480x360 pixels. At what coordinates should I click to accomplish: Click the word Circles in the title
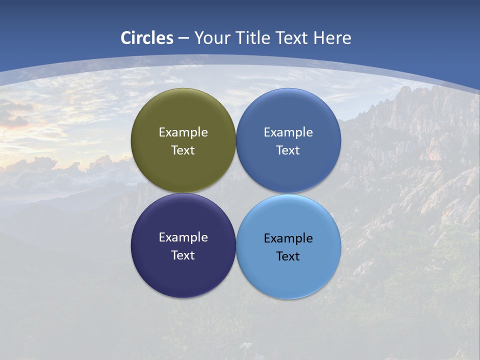point(147,38)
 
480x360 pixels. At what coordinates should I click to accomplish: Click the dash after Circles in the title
point(183,38)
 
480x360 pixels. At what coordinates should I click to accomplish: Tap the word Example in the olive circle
point(183,132)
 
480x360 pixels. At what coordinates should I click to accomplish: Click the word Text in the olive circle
point(183,150)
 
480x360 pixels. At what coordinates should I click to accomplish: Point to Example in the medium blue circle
point(288,132)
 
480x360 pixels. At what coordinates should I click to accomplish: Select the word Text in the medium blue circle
point(288,150)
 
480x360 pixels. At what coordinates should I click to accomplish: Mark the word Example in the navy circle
point(183,237)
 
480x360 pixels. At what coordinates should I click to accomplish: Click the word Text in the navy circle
point(183,255)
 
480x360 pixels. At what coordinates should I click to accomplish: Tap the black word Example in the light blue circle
point(288,238)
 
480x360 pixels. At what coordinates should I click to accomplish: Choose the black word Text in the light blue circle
point(288,256)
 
